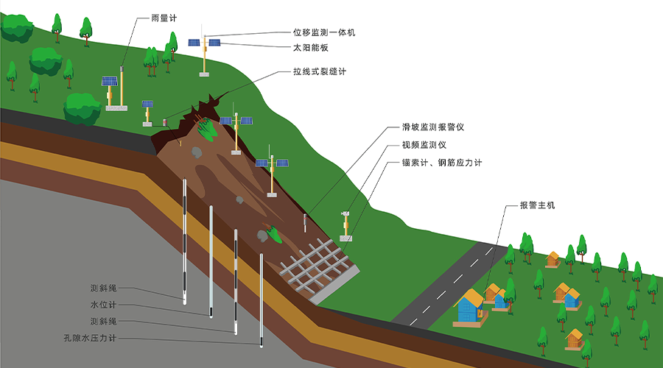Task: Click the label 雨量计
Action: click(x=164, y=18)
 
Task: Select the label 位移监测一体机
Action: click(x=324, y=32)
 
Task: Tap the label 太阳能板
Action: click(x=310, y=48)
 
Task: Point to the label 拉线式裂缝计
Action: click(x=319, y=71)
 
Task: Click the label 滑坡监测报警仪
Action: click(x=433, y=127)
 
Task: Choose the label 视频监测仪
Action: click(x=424, y=145)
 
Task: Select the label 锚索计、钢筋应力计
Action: click(x=442, y=163)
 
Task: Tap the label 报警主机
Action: click(x=537, y=205)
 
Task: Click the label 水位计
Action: click(x=103, y=305)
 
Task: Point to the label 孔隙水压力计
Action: click(x=90, y=338)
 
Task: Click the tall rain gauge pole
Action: click(x=122, y=87)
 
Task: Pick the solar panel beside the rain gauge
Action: click(x=110, y=81)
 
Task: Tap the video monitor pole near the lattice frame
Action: click(x=346, y=226)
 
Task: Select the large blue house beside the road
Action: click(x=470, y=306)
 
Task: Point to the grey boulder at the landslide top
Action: click(x=197, y=152)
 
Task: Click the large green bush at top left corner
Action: click(x=17, y=28)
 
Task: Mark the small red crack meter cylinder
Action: click(x=165, y=122)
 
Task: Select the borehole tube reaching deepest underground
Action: click(x=262, y=300)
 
